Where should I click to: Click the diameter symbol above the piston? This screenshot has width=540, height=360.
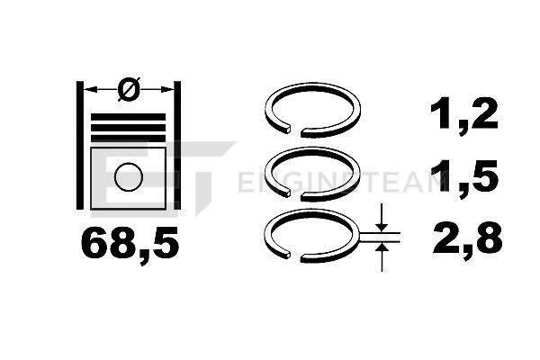[129, 89]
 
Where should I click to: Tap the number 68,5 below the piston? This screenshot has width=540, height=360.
[130, 242]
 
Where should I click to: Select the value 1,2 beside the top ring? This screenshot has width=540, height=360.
[463, 114]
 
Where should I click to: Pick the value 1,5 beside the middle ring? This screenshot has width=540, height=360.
[463, 178]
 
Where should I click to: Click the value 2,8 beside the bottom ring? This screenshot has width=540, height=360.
[467, 238]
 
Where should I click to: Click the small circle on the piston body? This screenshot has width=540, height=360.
[129, 176]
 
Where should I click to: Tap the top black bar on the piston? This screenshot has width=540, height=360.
[128, 117]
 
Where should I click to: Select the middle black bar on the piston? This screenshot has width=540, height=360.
[128, 128]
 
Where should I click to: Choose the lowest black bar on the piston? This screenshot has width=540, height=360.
[128, 139]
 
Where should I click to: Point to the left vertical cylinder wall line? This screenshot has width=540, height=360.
[79, 145]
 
